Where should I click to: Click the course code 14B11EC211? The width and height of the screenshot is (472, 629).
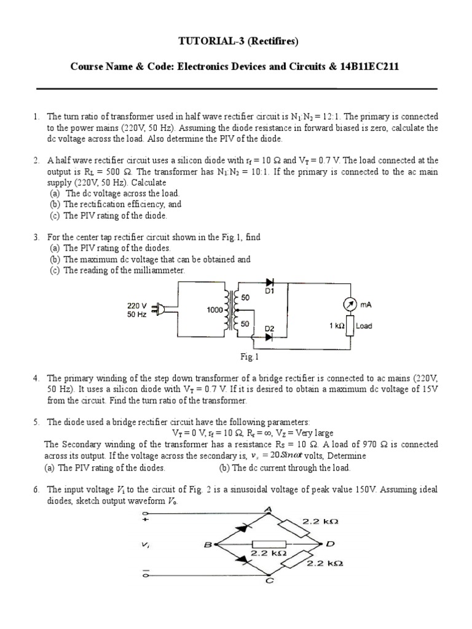[369, 67]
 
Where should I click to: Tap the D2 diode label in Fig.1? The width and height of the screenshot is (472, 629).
[269, 329]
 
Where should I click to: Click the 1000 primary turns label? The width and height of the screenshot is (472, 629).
[214, 311]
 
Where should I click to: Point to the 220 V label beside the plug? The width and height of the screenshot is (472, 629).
[136, 305]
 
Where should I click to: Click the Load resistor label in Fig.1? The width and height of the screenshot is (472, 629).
[364, 326]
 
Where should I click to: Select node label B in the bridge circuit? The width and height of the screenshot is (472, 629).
[208, 544]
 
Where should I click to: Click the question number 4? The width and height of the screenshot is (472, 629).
[37, 378]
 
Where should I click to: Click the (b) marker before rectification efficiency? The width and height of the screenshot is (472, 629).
[55, 204]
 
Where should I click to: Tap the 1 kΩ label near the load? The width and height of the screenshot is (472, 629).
[336, 326]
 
